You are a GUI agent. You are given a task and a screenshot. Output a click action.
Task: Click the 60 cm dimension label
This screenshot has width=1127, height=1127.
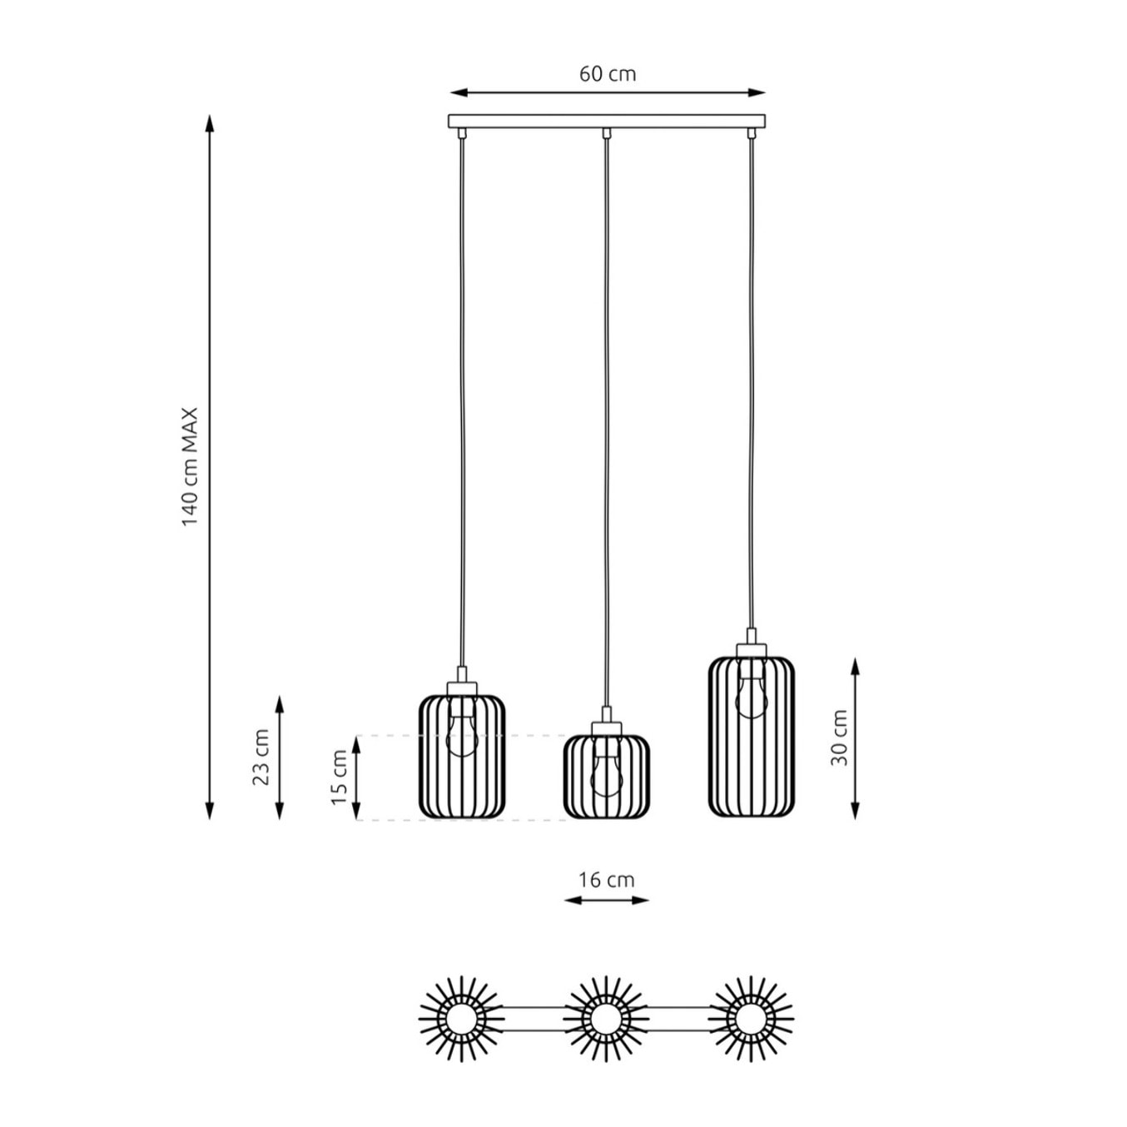607,74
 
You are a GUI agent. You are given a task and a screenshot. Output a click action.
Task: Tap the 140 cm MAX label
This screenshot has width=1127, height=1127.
190,467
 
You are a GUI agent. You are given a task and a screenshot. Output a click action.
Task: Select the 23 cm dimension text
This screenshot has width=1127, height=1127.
261,757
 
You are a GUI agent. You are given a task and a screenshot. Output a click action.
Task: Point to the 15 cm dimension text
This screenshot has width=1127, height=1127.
340,777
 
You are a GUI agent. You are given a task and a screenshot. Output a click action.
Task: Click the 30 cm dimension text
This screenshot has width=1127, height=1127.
839,737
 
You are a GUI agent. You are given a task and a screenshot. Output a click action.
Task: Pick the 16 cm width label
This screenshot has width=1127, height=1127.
607,880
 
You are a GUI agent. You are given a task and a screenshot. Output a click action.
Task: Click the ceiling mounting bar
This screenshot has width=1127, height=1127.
607,121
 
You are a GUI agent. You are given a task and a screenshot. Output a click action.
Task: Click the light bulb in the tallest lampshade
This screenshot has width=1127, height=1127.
752,689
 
